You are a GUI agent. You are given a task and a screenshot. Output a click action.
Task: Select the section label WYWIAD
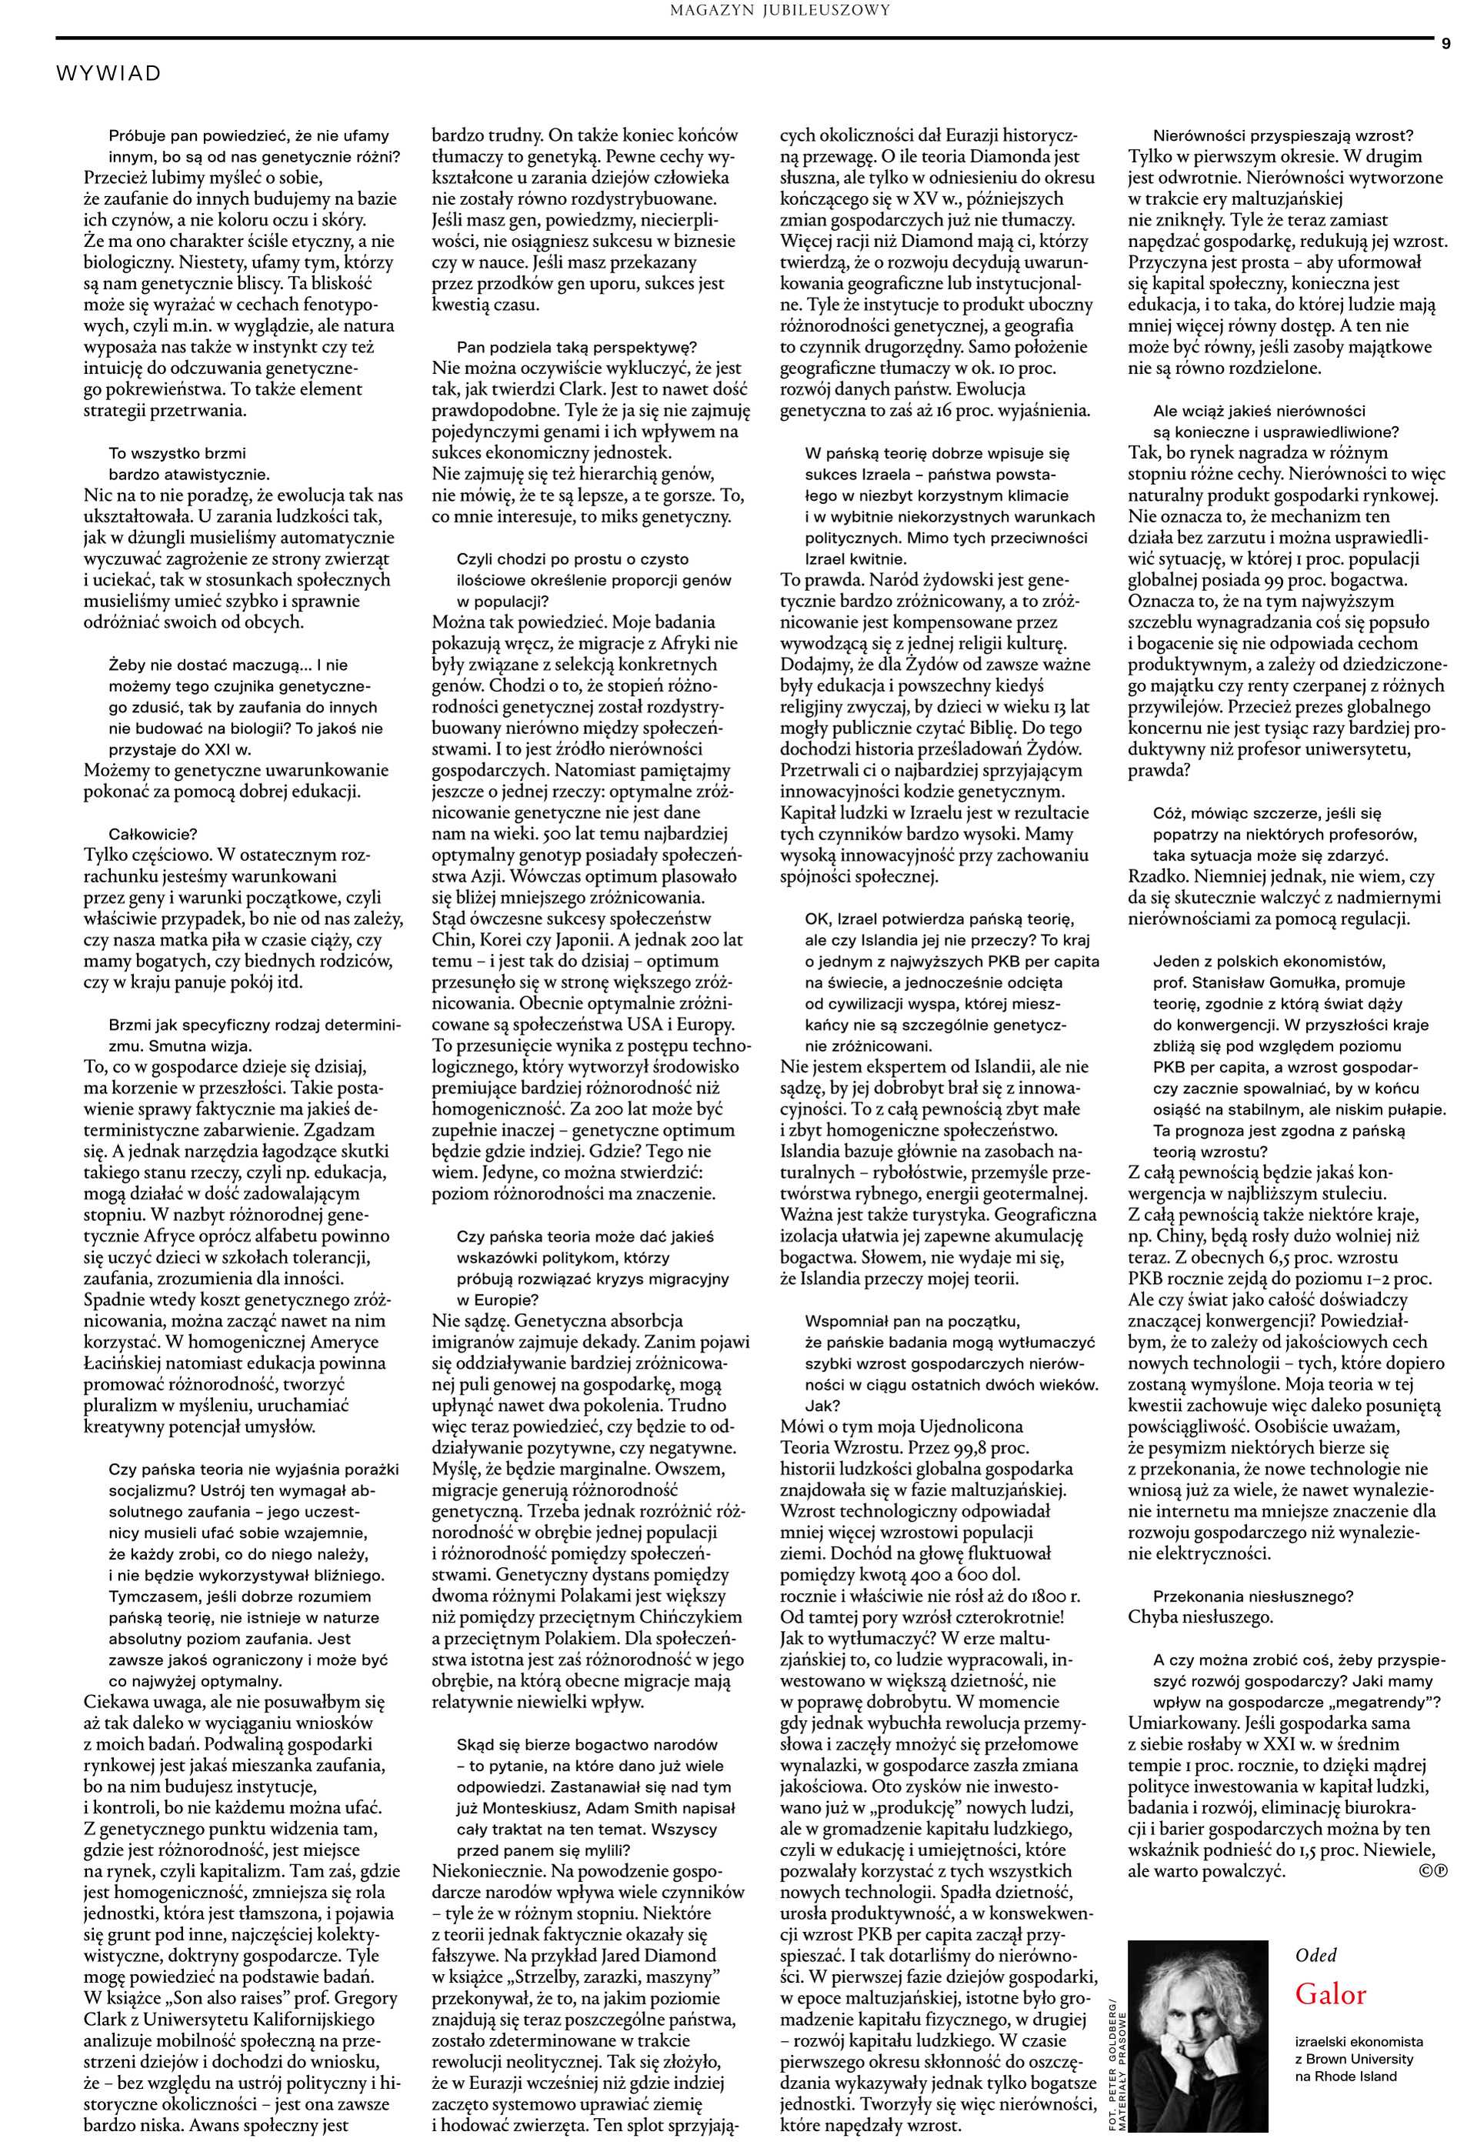(x=108, y=73)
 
